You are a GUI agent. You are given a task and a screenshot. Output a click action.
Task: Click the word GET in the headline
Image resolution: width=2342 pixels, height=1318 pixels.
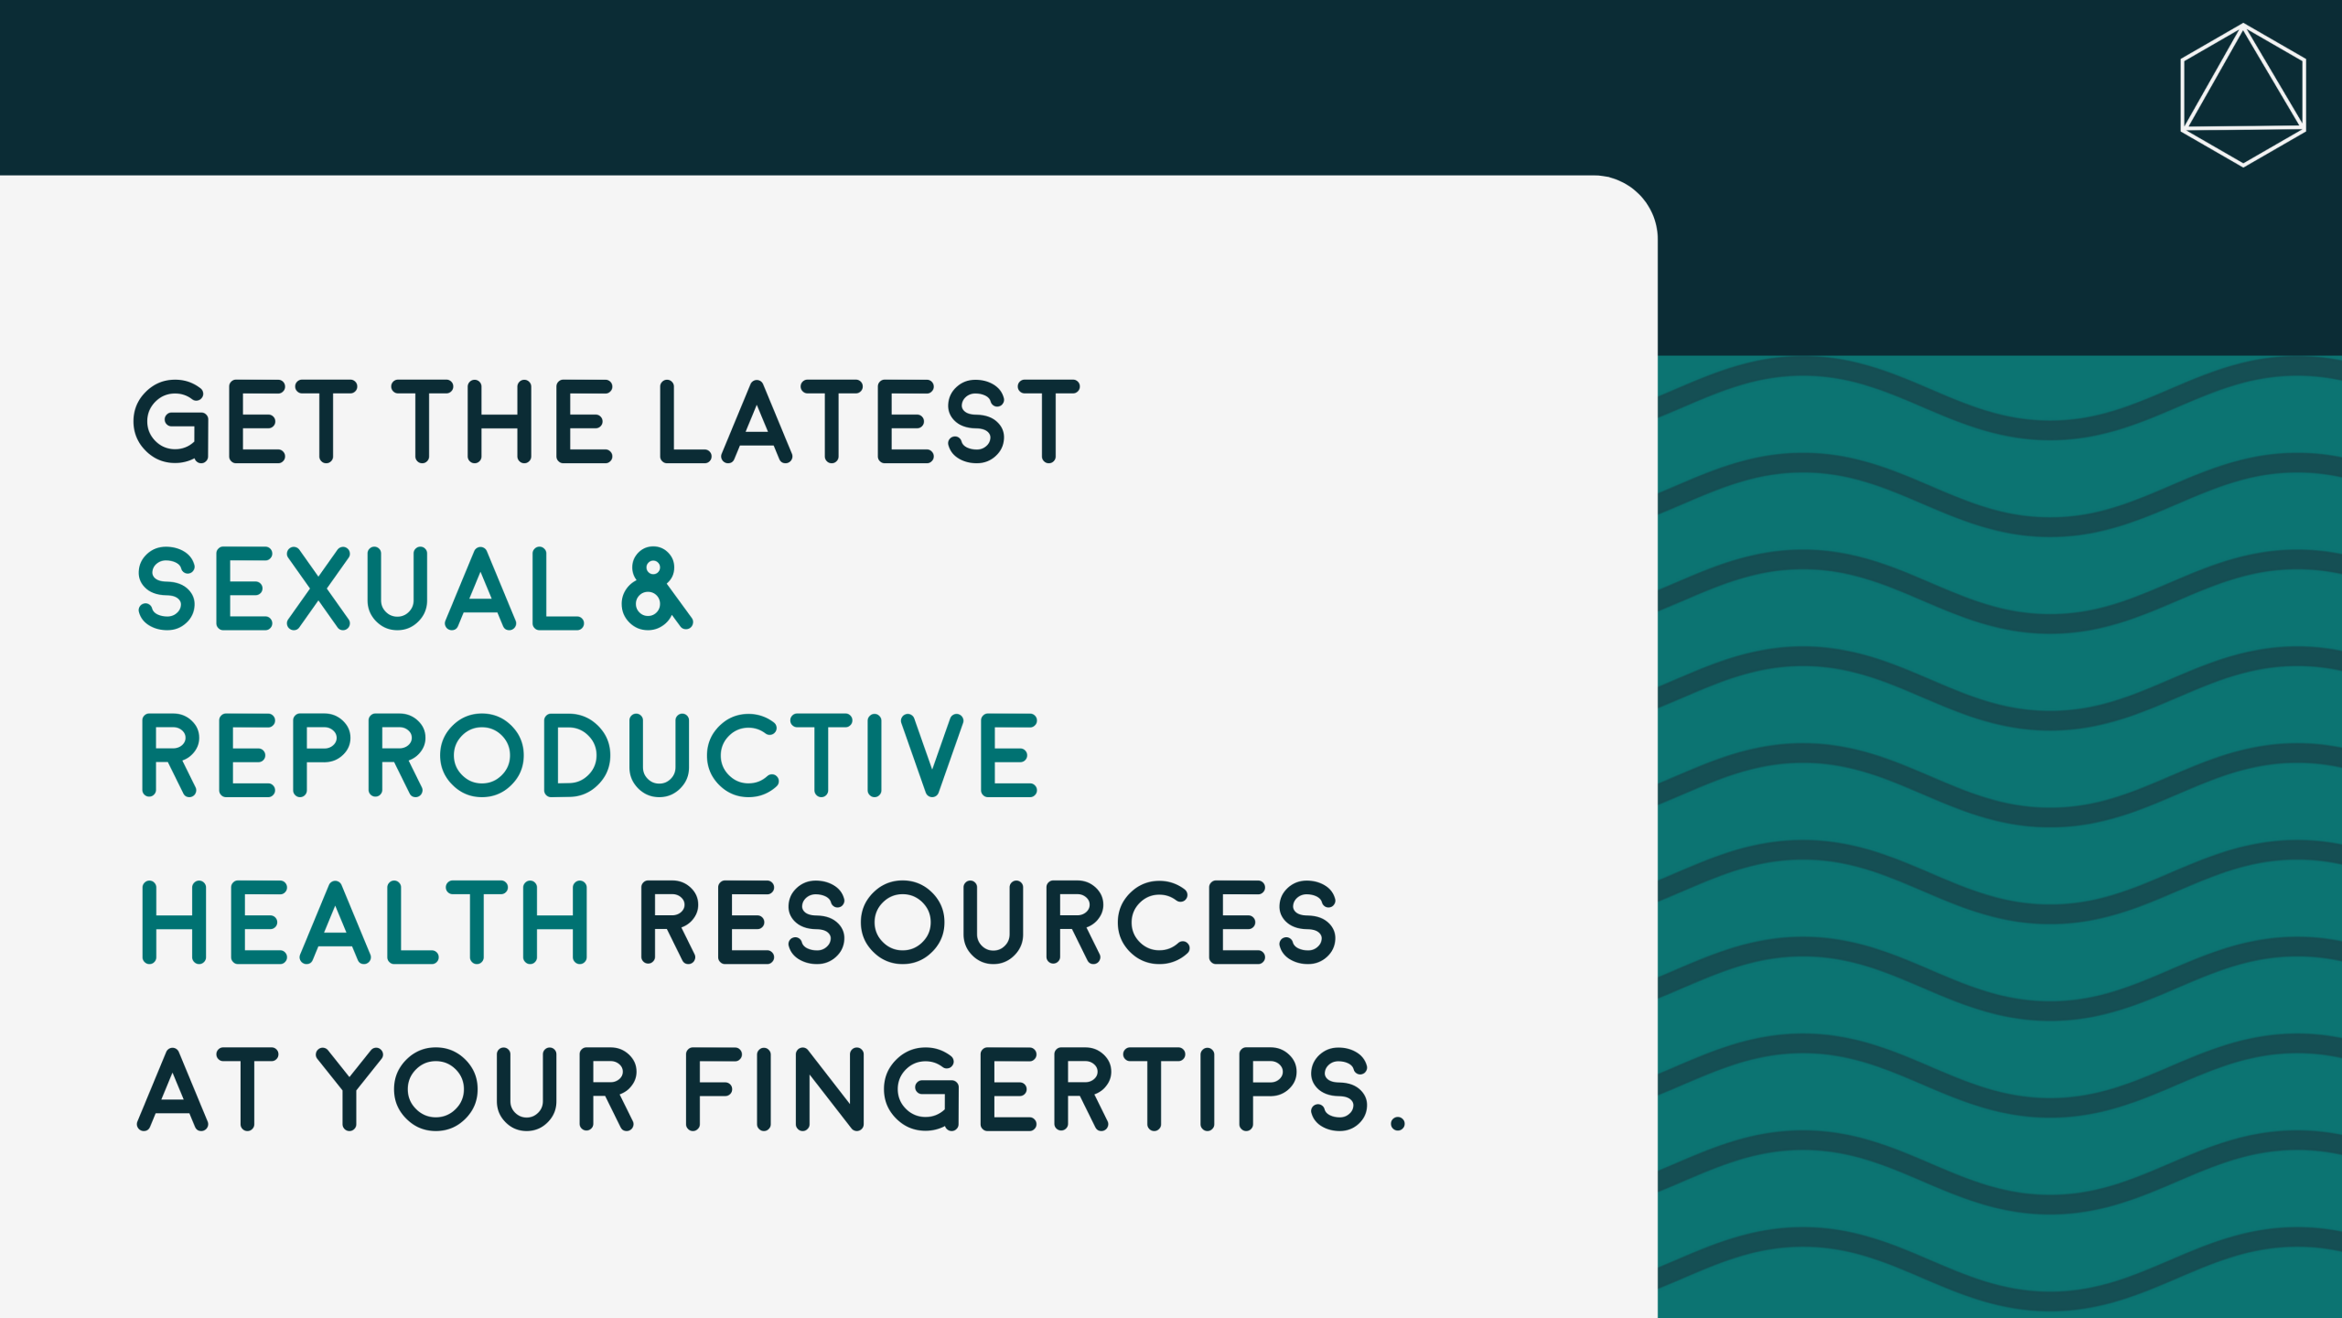245,421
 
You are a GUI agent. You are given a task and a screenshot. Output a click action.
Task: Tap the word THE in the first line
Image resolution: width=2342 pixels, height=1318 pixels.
502,421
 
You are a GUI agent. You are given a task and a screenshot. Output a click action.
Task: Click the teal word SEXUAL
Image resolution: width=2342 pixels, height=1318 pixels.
360,589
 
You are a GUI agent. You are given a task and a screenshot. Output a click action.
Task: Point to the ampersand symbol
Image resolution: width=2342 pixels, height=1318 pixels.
657,589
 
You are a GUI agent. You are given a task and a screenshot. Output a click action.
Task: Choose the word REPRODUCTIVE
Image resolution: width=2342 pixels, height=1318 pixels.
589,755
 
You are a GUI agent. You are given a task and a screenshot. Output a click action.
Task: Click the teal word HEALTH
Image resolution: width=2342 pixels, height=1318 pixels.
364,922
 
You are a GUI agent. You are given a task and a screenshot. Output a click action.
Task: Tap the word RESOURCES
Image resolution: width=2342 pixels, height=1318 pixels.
988,922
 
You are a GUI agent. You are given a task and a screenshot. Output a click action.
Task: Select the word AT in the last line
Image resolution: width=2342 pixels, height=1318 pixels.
208,1088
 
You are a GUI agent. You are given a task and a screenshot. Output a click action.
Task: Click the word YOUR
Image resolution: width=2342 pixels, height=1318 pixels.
477,1088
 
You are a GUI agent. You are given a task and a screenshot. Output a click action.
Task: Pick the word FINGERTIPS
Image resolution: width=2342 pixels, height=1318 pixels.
1026,1088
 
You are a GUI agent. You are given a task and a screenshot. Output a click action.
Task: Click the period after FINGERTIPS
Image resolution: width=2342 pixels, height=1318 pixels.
1397,1122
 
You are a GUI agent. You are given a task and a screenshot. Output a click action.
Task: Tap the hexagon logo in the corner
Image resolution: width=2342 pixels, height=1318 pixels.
2243,95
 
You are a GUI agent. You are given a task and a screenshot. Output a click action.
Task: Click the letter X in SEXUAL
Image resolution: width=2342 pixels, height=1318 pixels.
318,589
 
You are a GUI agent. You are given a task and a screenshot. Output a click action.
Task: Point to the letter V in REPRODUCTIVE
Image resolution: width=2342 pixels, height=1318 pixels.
932,755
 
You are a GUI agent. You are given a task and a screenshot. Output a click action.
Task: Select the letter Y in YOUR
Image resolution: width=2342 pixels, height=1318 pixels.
349,1088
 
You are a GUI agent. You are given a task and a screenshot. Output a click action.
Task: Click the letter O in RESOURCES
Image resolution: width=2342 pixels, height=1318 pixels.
902,922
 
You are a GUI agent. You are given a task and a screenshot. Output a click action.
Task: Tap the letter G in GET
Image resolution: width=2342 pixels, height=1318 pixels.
172,421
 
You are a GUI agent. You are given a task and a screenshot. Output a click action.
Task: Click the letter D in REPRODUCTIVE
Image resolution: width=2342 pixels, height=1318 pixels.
576,755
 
